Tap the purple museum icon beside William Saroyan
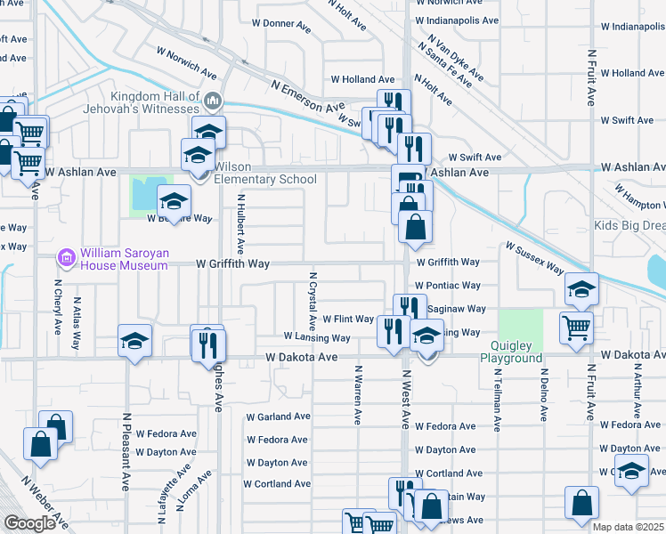coord(65,258)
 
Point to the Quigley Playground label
coord(511,352)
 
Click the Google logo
coord(29,523)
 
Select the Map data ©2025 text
coord(628,527)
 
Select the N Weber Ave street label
coord(44,503)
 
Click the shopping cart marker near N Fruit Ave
coord(576,326)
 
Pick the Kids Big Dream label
coord(630,226)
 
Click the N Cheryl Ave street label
coord(57,315)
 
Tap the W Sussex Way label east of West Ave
coord(535,256)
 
